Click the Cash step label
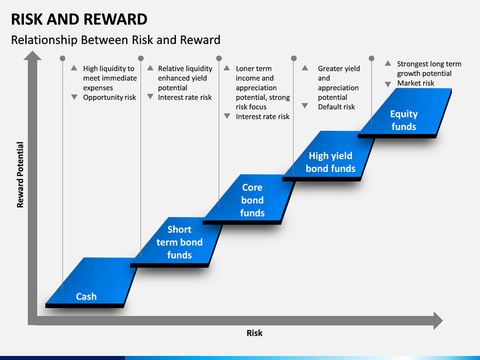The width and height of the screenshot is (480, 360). coord(86,296)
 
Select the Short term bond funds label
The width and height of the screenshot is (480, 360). coord(179,242)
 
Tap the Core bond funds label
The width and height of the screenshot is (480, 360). coord(252,200)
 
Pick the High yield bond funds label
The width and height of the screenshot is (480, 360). coord(331,162)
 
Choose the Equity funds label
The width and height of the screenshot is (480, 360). coord(404,120)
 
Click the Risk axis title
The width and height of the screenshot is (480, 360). coord(255,333)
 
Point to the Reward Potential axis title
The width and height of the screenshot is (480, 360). coord(20,175)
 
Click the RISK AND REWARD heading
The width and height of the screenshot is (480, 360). coord(79,19)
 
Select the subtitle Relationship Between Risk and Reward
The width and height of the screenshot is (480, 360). coord(116,40)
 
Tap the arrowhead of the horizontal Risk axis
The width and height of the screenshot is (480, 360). coord(438,321)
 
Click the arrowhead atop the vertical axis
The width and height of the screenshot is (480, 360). coord(33,55)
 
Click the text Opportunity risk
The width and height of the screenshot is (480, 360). coord(109,97)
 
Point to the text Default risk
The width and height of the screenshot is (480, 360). coord(336,107)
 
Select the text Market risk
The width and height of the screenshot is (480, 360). coord(415,83)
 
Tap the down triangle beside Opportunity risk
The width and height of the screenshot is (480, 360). coord(74,97)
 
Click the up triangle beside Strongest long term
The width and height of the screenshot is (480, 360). coord(388,63)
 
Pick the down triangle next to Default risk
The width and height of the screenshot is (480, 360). coord(305,105)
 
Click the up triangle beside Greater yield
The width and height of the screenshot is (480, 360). coord(305,68)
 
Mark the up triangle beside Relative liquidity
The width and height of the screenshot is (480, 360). coord(150,68)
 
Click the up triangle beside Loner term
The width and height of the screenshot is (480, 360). coord(227,68)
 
